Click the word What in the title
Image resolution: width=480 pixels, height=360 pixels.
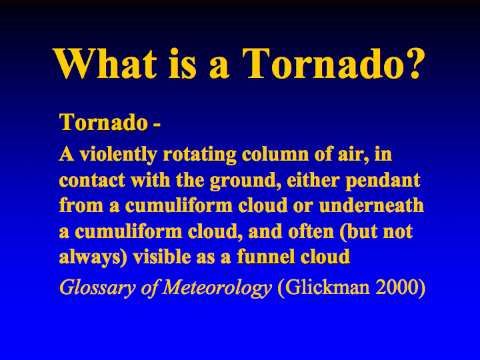coord(105,63)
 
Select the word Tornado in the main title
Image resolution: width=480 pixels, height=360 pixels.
coord(319,63)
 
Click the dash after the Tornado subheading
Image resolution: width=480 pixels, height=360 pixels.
coord(156,125)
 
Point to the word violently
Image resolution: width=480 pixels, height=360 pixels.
coord(119,155)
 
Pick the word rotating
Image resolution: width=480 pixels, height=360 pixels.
coord(199,155)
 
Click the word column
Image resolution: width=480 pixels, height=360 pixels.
coord(275,154)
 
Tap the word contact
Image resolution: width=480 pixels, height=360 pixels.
coord(92,180)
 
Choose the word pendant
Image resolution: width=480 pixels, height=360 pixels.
coord(383,181)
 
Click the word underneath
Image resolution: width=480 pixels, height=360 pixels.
coord(371,205)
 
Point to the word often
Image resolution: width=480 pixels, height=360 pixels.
coord(311,231)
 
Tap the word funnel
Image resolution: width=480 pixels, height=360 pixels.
coord(266,257)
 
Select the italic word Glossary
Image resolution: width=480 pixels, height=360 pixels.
coord(97,288)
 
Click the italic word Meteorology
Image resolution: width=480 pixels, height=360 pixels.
coord(217,288)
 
